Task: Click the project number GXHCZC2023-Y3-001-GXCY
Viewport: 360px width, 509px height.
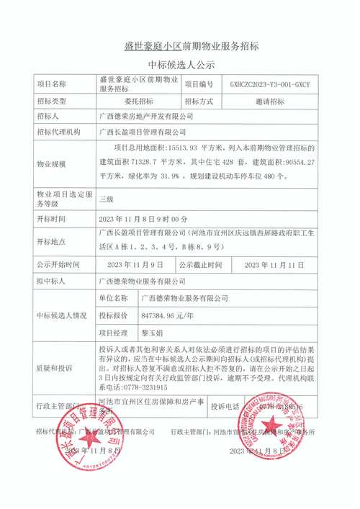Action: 270,84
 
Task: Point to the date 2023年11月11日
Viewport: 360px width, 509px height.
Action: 270,265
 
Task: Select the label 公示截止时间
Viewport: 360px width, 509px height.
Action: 207,265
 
